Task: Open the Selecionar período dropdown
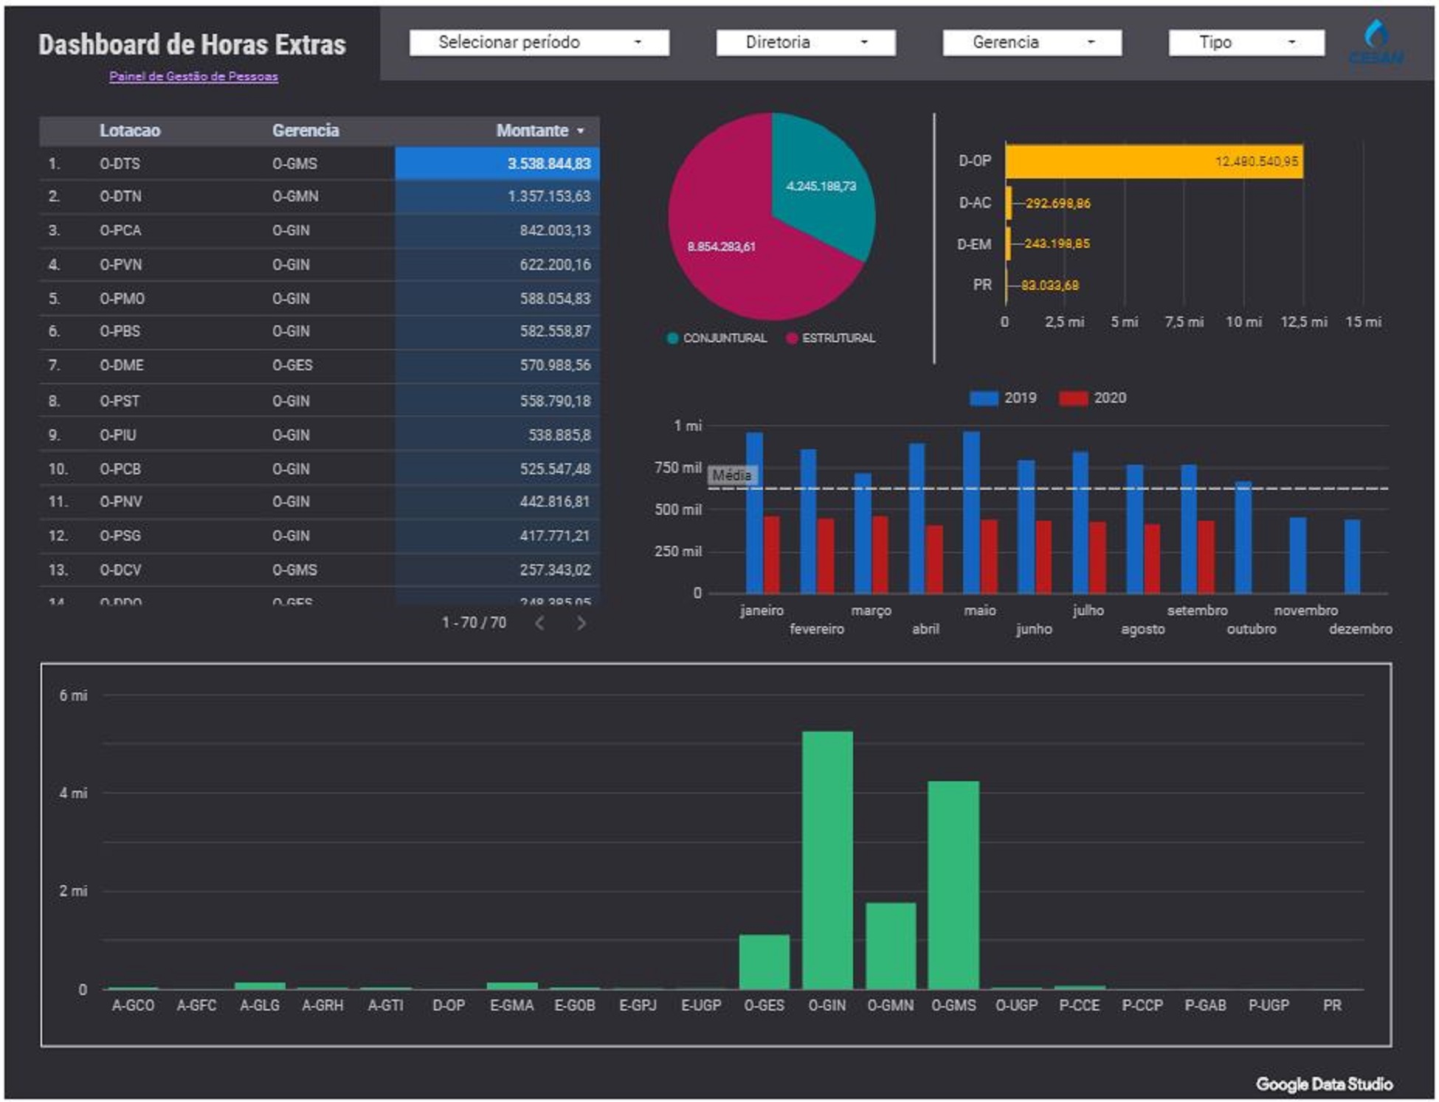point(539,43)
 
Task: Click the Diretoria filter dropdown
point(805,43)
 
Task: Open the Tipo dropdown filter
point(1246,43)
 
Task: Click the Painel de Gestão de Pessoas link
point(193,77)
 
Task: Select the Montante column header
point(532,131)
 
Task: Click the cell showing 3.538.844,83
point(548,164)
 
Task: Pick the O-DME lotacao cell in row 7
point(122,365)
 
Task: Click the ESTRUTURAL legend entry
point(832,339)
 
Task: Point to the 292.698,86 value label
point(1057,204)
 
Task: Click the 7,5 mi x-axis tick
point(1184,322)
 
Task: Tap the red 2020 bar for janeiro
point(771,555)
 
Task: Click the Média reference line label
point(731,476)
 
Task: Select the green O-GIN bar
point(827,859)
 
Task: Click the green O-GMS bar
point(953,885)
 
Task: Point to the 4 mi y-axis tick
point(73,793)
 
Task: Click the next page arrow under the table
point(582,623)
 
